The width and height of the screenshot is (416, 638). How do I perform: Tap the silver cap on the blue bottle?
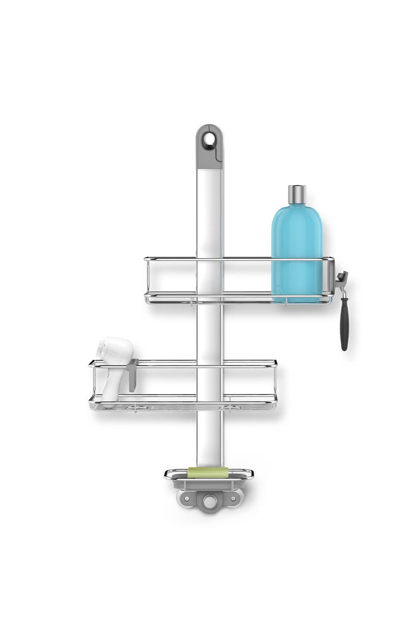point(297,195)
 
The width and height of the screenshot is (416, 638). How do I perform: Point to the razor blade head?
point(342,279)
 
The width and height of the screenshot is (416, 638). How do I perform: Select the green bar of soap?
point(208,472)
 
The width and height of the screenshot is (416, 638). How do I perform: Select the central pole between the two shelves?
point(210,331)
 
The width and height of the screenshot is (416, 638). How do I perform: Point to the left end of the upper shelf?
point(148,280)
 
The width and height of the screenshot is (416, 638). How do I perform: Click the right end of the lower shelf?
point(274,381)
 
